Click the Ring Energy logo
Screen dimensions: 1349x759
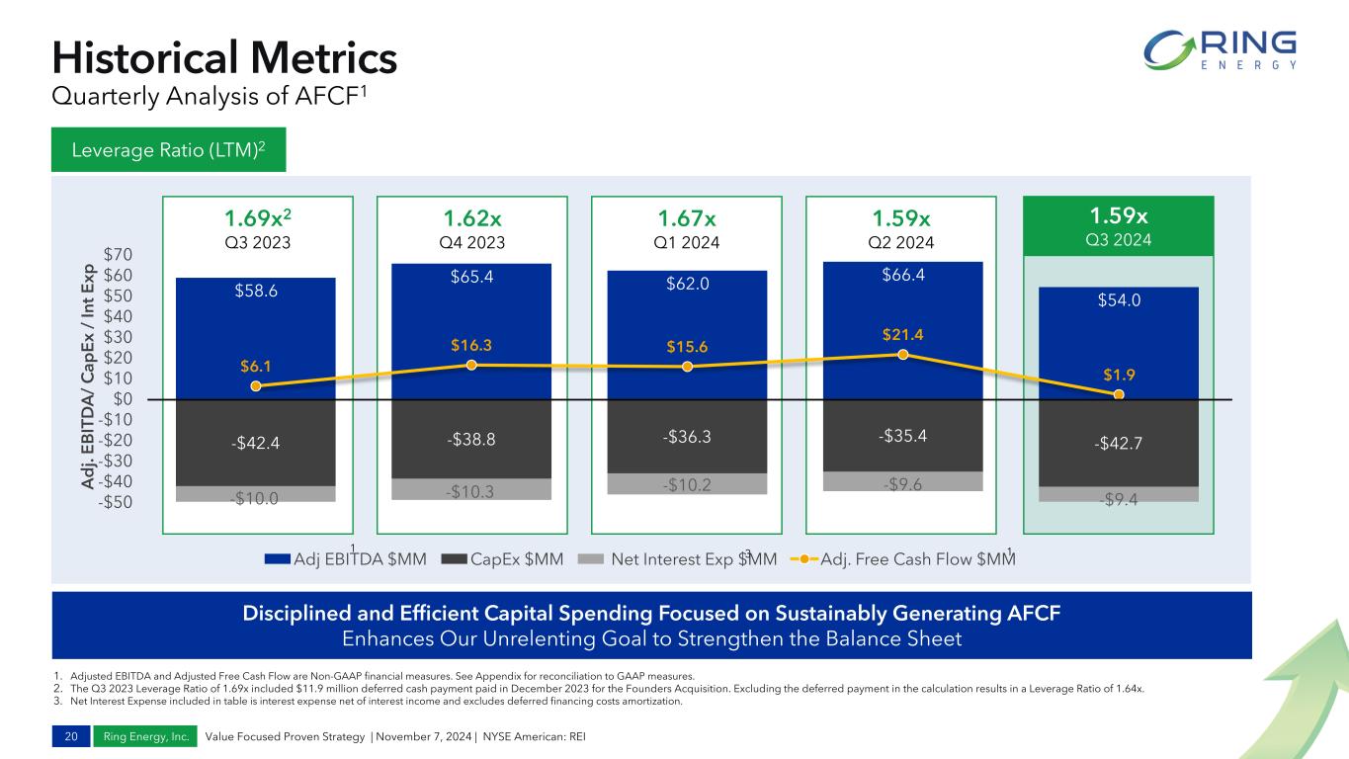pyautogui.click(x=1221, y=50)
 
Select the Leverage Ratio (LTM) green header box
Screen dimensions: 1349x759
pyautogui.click(x=169, y=149)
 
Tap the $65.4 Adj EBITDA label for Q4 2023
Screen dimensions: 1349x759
pyautogui.click(x=472, y=277)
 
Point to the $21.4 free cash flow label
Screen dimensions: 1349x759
pyautogui.click(x=902, y=334)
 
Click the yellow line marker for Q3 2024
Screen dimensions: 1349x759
pyautogui.click(x=1119, y=394)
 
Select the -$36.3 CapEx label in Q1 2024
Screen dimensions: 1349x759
pyautogui.click(x=687, y=436)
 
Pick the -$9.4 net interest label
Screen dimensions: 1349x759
pyautogui.click(x=1119, y=499)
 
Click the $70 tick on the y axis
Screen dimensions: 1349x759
pyautogui.click(x=118, y=254)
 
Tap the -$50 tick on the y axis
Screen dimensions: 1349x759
pyautogui.click(x=115, y=502)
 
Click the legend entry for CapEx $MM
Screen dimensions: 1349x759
pyautogui.click(x=502, y=559)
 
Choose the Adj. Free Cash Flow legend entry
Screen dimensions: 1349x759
pyautogui.click(x=902, y=559)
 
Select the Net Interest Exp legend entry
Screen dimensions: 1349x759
pyautogui.click(x=677, y=559)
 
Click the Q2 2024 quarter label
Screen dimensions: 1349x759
pyautogui.click(x=901, y=242)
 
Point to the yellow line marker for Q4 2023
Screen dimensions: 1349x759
pyautogui.click(x=472, y=365)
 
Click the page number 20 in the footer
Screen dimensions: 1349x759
pyautogui.click(x=71, y=736)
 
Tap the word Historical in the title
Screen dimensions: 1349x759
pyautogui.click(x=144, y=58)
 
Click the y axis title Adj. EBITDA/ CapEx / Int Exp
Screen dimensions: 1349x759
pyautogui.click(x=88, y=377)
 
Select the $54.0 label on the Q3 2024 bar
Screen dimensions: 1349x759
pyautogui.click(x=1119, y=300)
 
